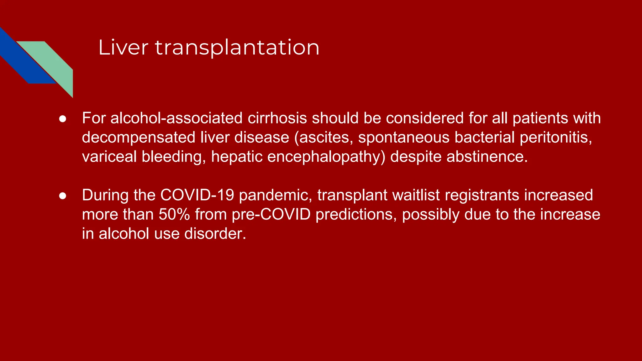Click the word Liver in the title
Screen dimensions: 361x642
[x=123, y=48]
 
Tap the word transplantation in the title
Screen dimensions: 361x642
[x=237, y=48]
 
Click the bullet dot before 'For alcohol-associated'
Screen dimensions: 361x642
[x=63, y=119]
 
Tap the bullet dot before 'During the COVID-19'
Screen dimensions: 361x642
[x=63, y=196]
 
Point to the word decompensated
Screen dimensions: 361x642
[x=138, y=138]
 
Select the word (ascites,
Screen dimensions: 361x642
[x=323, y=138]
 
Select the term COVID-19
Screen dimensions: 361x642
[x=197, y=195]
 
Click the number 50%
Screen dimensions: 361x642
[x=174, y=214]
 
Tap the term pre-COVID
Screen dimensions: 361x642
[x=271, y=214]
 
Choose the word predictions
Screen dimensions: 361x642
[x=356, y=214]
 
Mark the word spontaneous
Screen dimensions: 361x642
[x=404, y=138]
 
